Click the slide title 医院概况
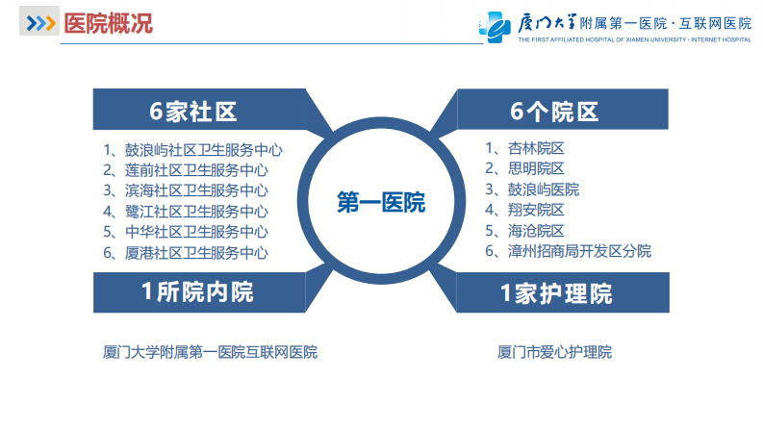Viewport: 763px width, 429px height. pos(107,23)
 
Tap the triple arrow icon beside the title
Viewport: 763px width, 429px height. pos(40,23)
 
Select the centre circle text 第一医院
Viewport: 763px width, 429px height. pos(381,203)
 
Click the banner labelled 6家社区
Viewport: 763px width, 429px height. pos(192,112)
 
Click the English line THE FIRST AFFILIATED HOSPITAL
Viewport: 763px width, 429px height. pos(616,41)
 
